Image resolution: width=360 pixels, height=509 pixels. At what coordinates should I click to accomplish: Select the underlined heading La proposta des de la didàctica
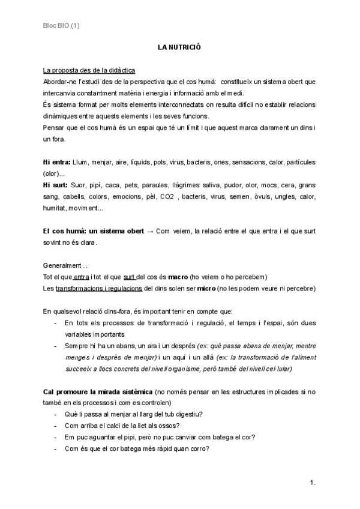89,70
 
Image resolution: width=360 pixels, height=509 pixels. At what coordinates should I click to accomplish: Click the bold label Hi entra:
56,162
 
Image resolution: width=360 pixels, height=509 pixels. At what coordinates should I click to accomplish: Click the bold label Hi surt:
55,185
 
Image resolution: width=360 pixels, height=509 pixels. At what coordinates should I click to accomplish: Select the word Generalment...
65,265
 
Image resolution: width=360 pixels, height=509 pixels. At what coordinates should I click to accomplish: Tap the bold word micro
208,288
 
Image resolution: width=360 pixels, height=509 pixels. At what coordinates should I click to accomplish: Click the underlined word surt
129,276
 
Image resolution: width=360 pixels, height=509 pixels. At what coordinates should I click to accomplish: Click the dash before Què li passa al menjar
55,414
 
